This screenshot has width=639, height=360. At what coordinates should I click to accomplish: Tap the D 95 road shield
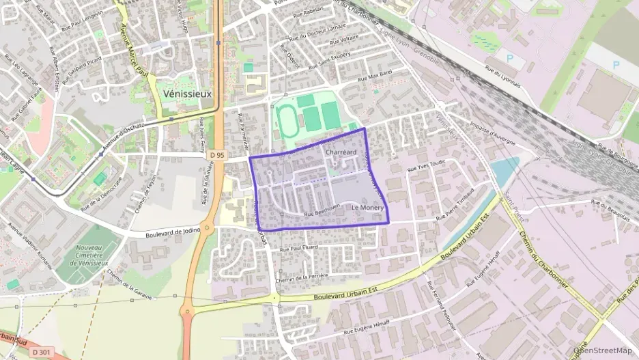[218, 156]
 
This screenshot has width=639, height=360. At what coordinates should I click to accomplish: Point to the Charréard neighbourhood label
[342, 152]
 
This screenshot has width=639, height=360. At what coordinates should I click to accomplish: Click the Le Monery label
[369, 207]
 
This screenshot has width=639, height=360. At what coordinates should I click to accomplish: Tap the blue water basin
[506, 171]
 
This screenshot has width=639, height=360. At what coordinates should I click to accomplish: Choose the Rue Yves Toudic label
[427, 167]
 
